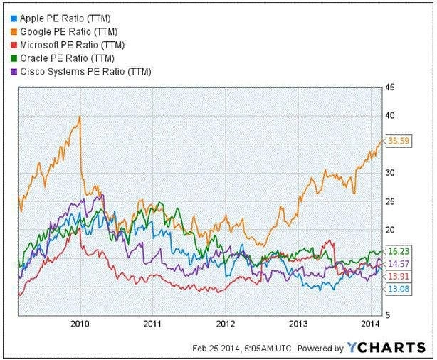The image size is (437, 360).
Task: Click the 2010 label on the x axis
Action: [80, 324]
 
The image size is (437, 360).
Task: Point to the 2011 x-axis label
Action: [152, 324]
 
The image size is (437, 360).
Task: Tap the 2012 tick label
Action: [226, 324]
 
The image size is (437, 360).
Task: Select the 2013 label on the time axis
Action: [299, 324]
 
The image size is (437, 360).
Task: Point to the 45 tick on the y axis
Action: [390, 88]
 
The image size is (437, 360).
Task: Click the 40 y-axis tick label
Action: [390, 115]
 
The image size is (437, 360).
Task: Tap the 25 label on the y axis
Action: [390, 201]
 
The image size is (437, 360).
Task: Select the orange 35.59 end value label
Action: [396, 142]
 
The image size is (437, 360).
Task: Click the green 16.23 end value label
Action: [396, 251]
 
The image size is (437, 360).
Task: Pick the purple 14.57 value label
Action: [396, 263]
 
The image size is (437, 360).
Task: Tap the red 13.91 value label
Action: [396, 275]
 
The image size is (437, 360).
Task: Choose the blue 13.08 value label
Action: [396, 287]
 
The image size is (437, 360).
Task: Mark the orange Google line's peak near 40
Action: [79, 116]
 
